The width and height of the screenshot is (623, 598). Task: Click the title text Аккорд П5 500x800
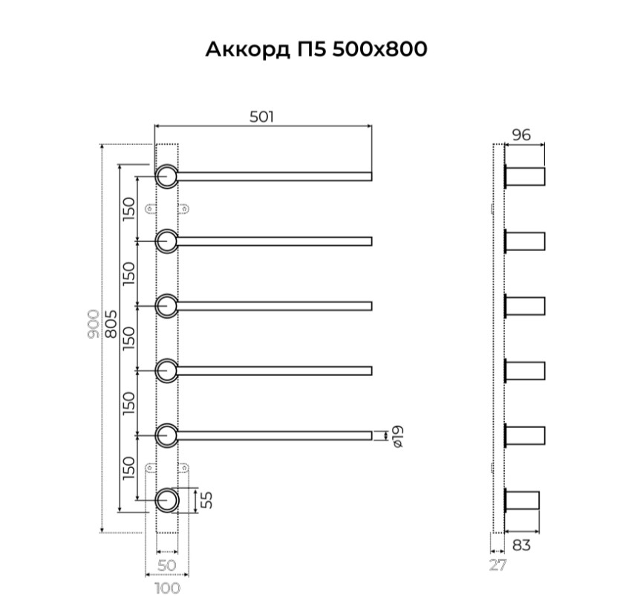click(x=316, y=50)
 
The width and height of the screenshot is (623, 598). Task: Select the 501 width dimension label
click(x=261, y=116)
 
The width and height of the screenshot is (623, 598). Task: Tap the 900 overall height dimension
click(x=94, y=325)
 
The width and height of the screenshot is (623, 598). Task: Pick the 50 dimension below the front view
click(x=167, y=565)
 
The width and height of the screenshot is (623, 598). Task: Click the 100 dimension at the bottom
click(x=167, y=588)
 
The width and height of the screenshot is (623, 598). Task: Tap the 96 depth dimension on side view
click(x=521, y=134)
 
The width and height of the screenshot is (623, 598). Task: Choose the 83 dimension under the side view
click(x=522, y=545)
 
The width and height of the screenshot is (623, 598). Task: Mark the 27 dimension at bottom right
click(x=498, y=565)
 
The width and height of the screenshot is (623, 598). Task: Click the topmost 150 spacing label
click(x=128, y=209)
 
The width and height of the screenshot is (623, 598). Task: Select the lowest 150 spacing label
click(x=128, y=469)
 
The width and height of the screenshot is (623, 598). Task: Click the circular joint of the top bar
click(x=166, y=176)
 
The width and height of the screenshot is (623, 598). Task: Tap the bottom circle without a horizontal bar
click(x=166, y=500)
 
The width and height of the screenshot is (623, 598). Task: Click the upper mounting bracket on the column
click(x=167, y=209)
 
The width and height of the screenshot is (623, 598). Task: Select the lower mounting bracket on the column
click(x=167, y=469)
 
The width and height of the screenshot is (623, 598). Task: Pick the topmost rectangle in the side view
click(x=526, y=177)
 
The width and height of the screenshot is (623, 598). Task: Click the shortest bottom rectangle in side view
click(x=523, y=500)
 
